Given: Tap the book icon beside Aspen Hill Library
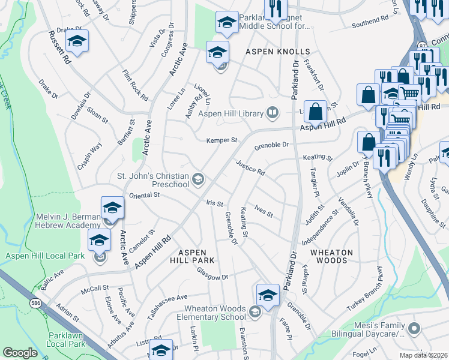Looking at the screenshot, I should click(x=273, y=112).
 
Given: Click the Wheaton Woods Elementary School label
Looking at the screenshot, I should click(x=214, y=313).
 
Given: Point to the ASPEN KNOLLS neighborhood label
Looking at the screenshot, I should click(x=270, y=52).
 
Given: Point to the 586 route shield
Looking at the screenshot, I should click(x=36, y=304).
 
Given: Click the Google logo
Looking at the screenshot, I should click(x=20, y=353).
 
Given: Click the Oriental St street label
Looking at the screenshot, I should click(x=142, y=194).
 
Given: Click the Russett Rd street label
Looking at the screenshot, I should click(x=60, y=48).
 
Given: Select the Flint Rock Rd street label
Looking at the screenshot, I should click(x=135, y=85).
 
